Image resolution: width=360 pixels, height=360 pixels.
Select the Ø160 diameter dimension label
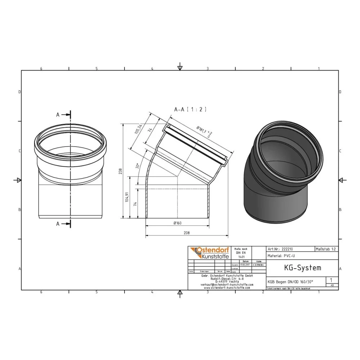pyautogui.click(x=177, y=223)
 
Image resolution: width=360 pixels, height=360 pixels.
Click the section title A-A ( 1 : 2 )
pyautogui.click(x=190, y=109)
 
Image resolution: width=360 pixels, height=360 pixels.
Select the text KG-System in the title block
pyautogui.click(x=297, y=268)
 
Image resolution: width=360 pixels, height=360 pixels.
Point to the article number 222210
pyautogui.click(x=278, y=249)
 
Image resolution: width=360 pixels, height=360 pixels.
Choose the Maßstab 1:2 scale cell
pyautogui.click(x=326, y=249)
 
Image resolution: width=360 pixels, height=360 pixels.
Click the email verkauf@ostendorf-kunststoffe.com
pyautogui.click(x=226, y=284)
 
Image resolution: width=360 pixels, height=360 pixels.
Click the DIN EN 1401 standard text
pyautogui.click(x=240, y=253)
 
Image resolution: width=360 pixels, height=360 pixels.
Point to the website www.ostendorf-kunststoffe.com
pyautogui.click(x=226, y=288)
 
